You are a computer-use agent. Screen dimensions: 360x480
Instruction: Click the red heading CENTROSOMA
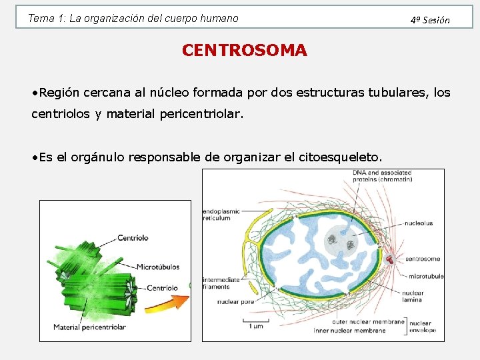point(244,51)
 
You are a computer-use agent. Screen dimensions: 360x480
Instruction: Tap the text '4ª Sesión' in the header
point(430,20)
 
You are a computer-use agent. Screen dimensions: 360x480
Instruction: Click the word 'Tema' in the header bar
point(39,19)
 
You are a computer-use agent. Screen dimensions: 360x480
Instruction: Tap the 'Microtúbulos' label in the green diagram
point(158,267)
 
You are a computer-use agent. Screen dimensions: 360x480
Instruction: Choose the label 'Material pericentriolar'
point(89,327)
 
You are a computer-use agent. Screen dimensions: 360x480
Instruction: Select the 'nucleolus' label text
point(418,223)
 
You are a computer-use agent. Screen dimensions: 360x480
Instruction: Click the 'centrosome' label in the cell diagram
point(423,259)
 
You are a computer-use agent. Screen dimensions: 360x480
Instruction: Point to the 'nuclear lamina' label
point(413,296)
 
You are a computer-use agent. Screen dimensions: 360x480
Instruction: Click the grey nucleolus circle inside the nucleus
point(340,243)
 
